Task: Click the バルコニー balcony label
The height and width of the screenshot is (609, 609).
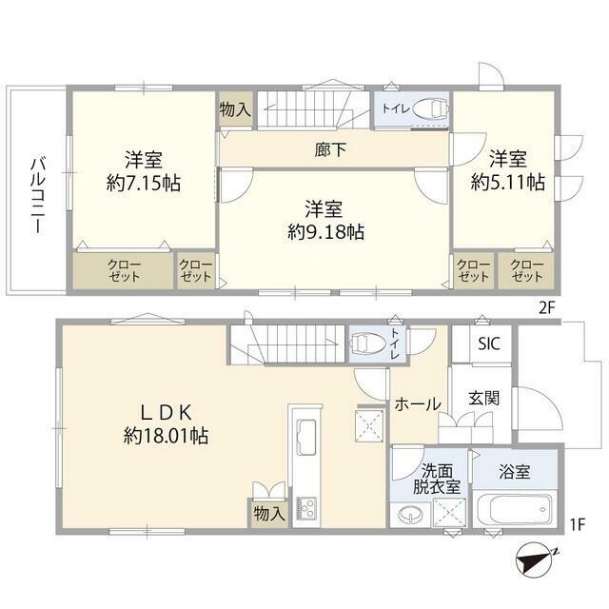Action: [38, 195]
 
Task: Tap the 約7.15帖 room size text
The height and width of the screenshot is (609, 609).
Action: [144, 183]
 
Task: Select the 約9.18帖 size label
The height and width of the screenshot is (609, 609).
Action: [325, 232]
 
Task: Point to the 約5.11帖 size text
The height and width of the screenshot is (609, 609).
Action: [507, 182]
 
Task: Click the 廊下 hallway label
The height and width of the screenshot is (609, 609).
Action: [330, 149]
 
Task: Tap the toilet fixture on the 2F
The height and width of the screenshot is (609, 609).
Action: [429, 108]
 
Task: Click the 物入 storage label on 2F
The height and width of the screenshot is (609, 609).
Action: [235, 109]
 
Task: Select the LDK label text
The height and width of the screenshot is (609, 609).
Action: [166, 412]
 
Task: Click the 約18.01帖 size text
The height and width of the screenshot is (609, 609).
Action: [166, 436]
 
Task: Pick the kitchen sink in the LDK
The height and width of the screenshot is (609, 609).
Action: [306, 437]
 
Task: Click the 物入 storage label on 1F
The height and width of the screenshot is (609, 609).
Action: [269, 514]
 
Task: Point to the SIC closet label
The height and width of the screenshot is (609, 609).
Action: [489, 344]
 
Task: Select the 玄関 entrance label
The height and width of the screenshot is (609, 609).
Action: [484, 398]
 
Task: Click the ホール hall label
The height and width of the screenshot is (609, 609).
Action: [418, 404]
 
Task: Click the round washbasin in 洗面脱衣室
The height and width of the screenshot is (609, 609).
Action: [409, 515]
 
